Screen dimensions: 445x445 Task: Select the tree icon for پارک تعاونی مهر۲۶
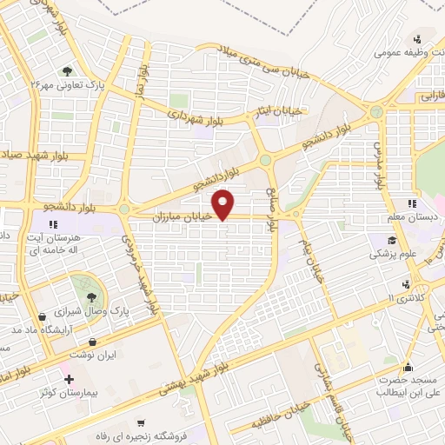(67, 72)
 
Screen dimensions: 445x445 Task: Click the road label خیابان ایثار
(285, 110)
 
